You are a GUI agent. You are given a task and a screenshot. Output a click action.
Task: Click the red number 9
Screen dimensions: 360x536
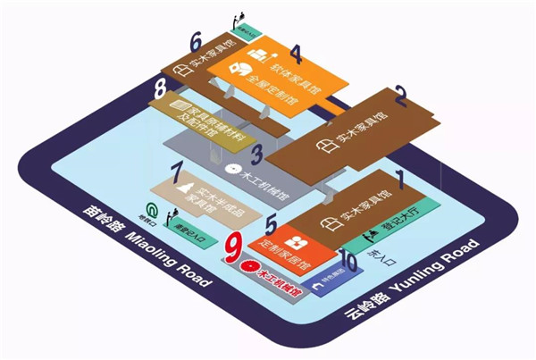(x=235, y=247)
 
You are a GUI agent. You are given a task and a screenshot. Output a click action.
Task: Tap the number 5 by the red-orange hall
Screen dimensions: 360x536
(x=272, y=228)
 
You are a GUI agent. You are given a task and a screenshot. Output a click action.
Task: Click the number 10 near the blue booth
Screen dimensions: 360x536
(x=348, y=262)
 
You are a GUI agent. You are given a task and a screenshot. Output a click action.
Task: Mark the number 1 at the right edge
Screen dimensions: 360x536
(x=401, y=180)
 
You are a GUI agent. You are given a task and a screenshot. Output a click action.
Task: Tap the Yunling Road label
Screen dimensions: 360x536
(x=415, y=273)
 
